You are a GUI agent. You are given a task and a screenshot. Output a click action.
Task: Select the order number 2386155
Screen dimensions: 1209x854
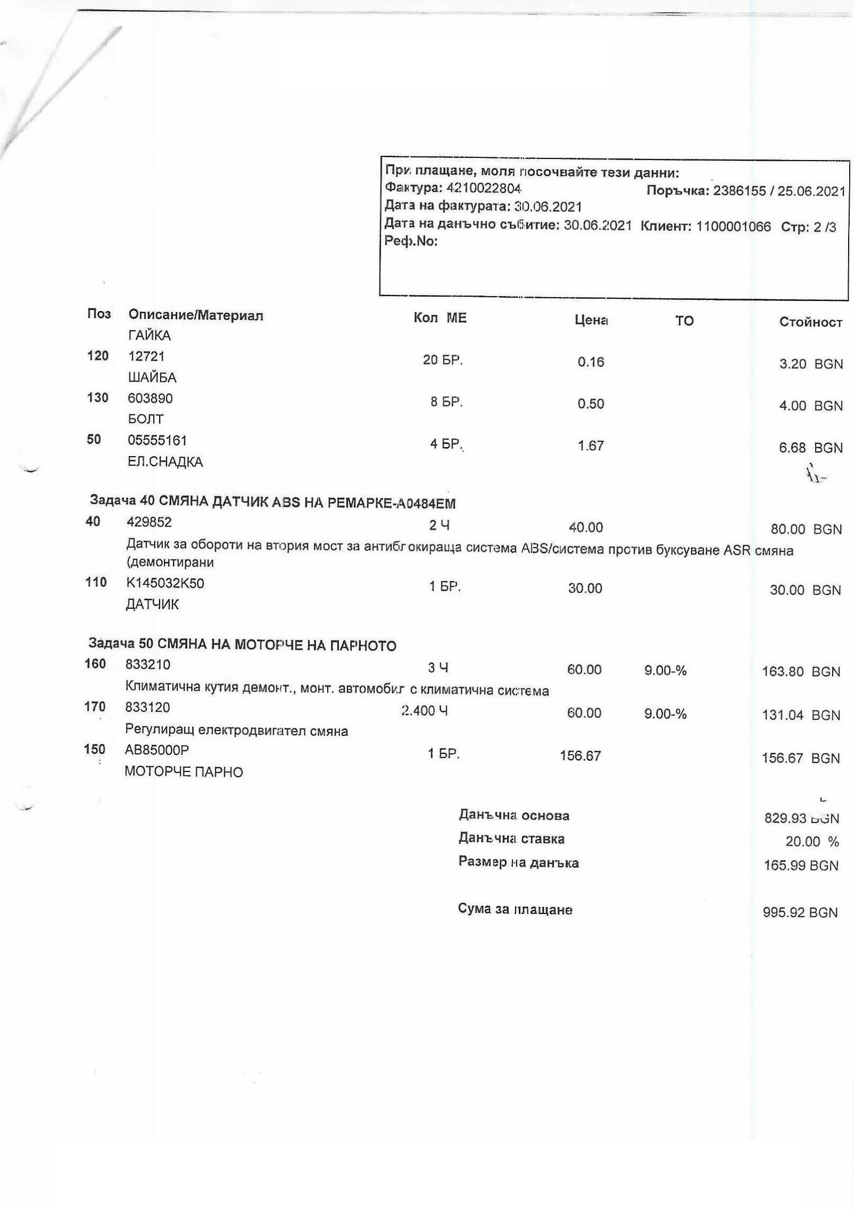pos(739,192)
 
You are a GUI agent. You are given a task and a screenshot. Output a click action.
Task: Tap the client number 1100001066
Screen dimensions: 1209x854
pos(733,227)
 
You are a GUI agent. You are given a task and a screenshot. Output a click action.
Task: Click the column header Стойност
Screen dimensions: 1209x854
pos(810,322)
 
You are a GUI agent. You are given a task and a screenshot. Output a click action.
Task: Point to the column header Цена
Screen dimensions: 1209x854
pos(591,321)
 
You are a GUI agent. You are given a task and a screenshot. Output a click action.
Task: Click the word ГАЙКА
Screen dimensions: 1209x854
pos(149,336)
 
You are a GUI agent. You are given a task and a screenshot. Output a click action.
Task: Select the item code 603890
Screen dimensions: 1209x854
pos(151,398)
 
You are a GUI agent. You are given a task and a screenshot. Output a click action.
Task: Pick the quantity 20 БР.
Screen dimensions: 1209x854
pos(442,360)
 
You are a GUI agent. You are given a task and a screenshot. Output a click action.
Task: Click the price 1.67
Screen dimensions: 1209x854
pos(590,446)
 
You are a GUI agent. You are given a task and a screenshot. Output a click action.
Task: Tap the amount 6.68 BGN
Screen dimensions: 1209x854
pos(810,448)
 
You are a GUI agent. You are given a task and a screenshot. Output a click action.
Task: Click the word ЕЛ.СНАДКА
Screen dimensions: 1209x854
pos(165,462)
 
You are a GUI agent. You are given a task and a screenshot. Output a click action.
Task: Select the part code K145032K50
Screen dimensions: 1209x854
pos(165,583)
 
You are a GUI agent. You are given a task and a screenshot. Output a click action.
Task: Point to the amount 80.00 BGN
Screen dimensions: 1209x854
pos(806,529)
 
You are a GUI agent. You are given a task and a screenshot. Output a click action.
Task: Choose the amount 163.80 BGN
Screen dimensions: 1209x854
pos(801,672)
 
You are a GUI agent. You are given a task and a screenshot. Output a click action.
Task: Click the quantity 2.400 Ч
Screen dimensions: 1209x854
pos(424,711)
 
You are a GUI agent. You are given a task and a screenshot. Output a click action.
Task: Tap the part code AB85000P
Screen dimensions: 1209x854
pos(157,750)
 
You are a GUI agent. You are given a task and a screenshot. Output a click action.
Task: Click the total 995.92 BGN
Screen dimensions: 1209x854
pos(800,912)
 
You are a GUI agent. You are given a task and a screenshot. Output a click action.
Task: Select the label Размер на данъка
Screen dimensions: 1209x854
pos(518,863)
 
